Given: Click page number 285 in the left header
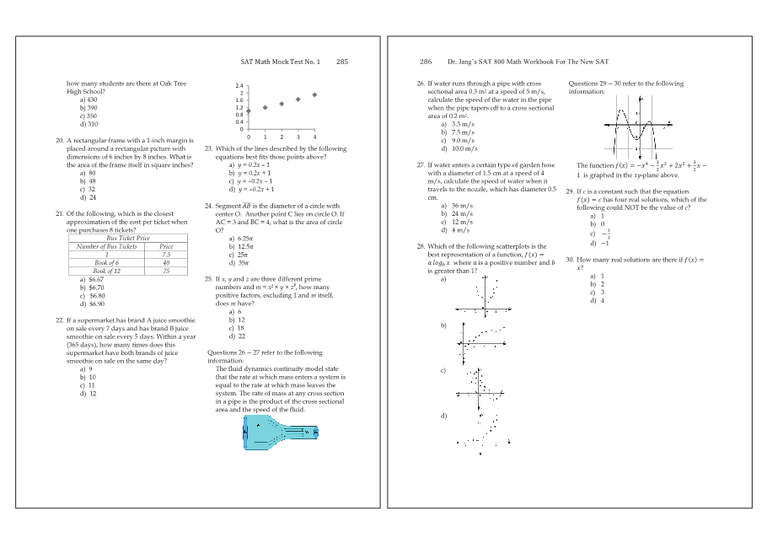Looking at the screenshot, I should point(341,62).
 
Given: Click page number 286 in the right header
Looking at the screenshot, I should point(426,62).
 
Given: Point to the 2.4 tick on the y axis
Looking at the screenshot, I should point(239,86).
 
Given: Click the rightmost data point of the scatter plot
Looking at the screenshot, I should point(314,94).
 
